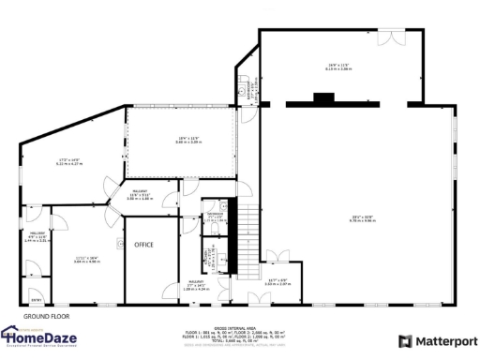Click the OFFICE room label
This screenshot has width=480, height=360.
click(143, 245)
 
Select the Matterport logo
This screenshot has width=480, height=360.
click(438, 341)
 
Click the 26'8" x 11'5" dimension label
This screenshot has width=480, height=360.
click(337, 66)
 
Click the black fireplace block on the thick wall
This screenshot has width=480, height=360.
click(325, 95)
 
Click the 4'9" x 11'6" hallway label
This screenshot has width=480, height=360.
click(37, 239)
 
